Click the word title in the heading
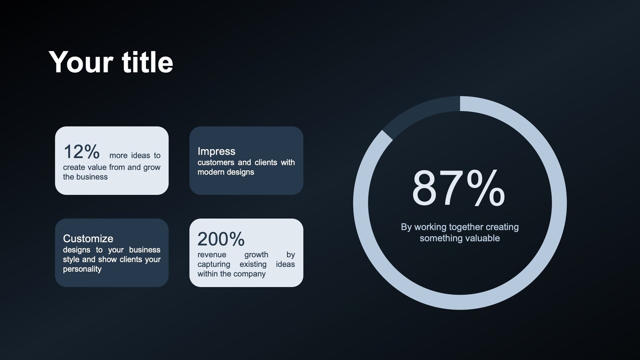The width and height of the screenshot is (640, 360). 147,62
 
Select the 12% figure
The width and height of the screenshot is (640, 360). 81,152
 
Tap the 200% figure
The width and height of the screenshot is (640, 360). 221,239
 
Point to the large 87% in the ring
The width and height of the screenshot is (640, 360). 458,189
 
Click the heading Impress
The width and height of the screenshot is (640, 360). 216,151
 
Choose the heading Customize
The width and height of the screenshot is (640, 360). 88,238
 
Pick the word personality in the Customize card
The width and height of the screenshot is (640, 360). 82,269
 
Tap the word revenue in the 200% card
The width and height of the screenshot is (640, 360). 212,255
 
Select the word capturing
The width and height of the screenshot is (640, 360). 214,264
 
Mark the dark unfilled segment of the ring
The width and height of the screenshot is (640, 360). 419,111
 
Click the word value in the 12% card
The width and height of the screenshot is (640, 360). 98,167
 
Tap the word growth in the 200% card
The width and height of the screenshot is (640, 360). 256,255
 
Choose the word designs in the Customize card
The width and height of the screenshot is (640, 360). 77,250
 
